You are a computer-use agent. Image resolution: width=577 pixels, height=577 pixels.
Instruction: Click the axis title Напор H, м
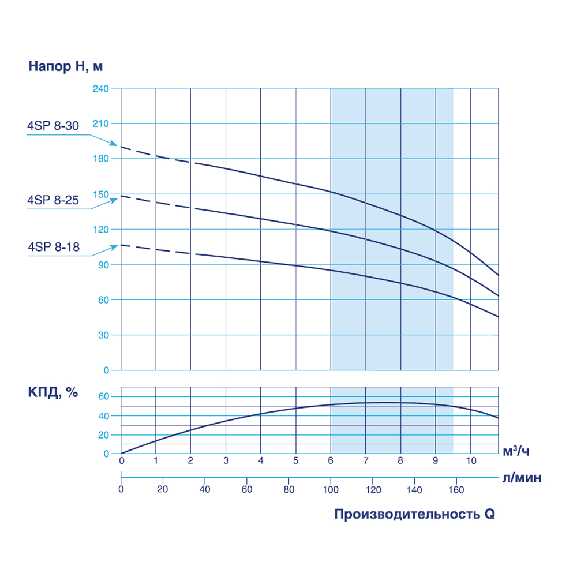[x=66, y=66]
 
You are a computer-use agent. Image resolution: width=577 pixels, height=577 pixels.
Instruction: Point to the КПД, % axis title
[x=53, y=392]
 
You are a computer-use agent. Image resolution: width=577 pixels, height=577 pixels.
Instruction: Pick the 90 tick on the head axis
[x=104, y=265]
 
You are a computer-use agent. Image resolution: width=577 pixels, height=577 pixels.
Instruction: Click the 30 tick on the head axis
[x=104, y=335]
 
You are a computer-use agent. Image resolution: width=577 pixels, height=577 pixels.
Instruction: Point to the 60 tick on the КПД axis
[x=104, y=397]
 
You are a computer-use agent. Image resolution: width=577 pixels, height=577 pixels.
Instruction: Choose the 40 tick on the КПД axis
[x=104, y=416]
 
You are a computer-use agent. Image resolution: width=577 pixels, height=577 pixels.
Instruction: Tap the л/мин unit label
[x=521, y=478]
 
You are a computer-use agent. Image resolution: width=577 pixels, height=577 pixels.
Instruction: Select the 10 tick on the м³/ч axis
[x=470, y=460]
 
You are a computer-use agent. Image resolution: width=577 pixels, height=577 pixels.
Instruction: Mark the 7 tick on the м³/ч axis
[x=365, y=460]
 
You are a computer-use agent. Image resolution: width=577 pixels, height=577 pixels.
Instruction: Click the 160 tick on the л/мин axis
[x=456, y=489]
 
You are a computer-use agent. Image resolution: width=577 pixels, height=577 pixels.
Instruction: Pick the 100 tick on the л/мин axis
[x=331, y=489]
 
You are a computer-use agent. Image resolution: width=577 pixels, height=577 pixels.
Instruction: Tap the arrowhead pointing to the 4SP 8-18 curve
[x=114, y=246]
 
